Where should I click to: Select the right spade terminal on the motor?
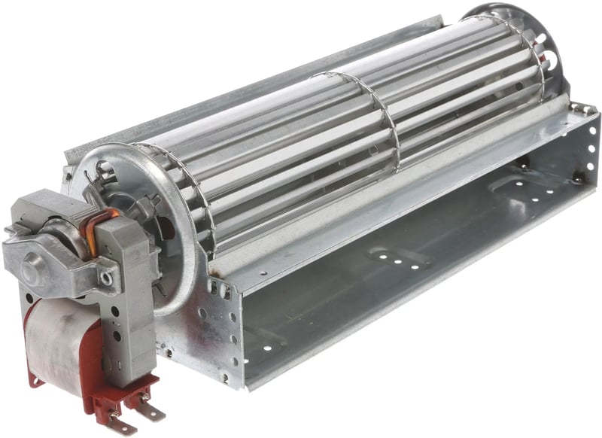click(x=150, y=407)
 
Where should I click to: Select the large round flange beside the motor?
click(x=177, y=226)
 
